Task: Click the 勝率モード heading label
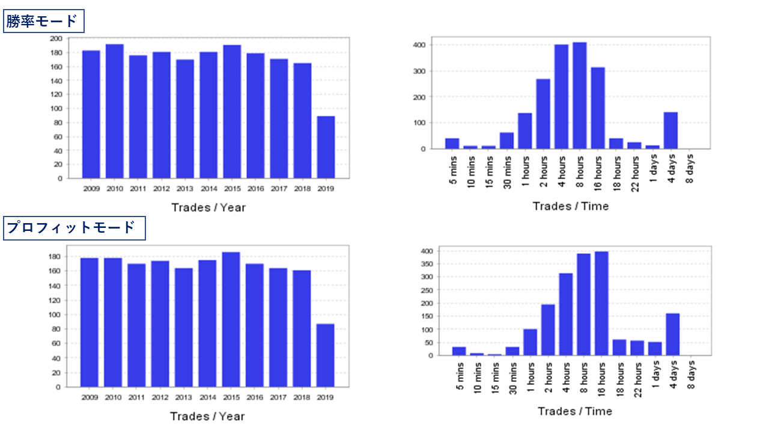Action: tap(43, 21)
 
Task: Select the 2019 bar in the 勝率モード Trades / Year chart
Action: tap(326, 147)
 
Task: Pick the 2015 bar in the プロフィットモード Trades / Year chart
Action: tap(231, 319)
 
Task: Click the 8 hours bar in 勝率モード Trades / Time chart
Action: tap(580, 95)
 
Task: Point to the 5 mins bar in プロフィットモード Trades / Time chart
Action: tap(459, 351)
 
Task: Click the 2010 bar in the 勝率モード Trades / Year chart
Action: tap(115, 111)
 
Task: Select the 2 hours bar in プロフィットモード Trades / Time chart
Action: tap(548, 330)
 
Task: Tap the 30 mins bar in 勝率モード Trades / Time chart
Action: tap(506, 140)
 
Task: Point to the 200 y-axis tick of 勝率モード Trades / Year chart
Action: tap(56, 38)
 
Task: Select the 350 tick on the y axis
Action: tap(427, 264)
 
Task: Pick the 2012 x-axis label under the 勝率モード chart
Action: tap(162, 188)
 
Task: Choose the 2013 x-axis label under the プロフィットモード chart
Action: tap(183, 398)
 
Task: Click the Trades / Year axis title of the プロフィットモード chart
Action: tap(207, 416)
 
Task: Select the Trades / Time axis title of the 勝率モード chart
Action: tap(570, 206)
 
